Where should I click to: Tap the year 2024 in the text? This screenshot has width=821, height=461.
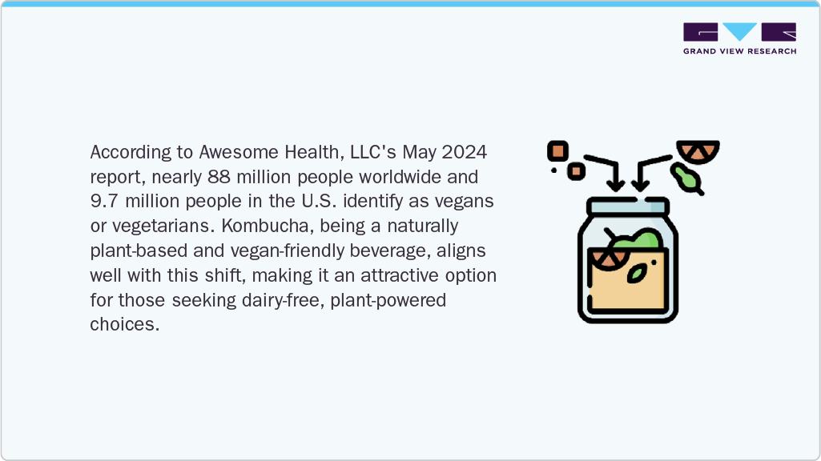pyautogui.click(x=465, y=152)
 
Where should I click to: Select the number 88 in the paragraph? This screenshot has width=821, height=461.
pyautogui.click(x=219, y=176)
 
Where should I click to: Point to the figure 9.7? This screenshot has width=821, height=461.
pyautogui.click(x=104, y=201)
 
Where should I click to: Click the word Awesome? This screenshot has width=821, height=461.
pyautogui.click(x=239, y=152)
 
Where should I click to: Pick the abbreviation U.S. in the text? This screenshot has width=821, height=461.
pyautogui.click(x=319, y=201)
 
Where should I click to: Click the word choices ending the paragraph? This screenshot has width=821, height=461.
pyautogui.click(x=124, y=324)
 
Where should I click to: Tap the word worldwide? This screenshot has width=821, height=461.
pyautogui.click(x=400, y=176)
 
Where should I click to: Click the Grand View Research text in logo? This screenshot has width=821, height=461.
pyautogui.click(x=739, y=51)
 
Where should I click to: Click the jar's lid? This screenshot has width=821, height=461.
pyautogui.click(x=628, y=206)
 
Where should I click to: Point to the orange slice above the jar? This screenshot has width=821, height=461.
pyautogui.click(x=698, y=150)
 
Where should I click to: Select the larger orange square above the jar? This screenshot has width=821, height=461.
pyautogui.click(x=558, y=151)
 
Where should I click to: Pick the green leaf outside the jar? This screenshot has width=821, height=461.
pyautogui.click(x=687, y=179)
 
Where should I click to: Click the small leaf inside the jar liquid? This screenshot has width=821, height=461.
pyautogui.click(x=637, y=274)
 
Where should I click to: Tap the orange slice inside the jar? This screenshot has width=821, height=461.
pyautogui.click(x=609, y=259)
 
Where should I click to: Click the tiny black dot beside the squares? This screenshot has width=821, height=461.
pyautogui.click(x=553, y=170)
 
